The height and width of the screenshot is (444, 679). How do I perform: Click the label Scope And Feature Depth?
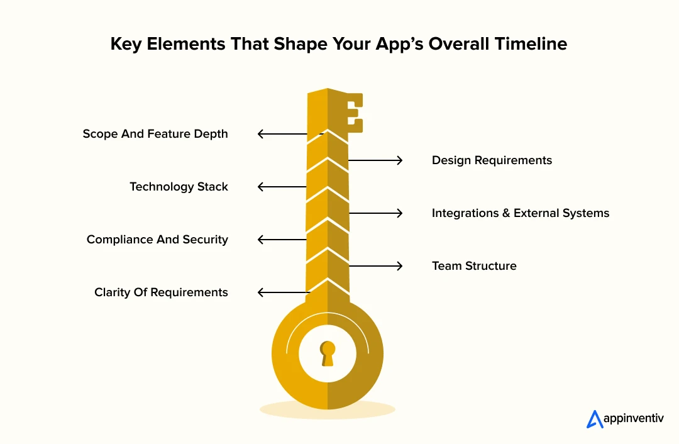click(155, 134)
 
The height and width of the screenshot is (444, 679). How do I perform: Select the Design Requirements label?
click(492, 160)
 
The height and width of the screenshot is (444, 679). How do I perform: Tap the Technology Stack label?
click(179, 187)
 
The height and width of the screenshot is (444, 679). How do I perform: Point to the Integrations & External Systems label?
click(521, 213)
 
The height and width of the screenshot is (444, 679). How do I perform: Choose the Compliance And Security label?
click(157, 240)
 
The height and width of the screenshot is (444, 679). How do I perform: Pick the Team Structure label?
click(474, 266)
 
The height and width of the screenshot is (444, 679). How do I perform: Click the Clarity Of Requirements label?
click(161, 292)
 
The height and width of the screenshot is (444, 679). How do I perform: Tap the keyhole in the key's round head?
click(328, 353)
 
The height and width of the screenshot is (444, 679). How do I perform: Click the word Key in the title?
click(126, 44)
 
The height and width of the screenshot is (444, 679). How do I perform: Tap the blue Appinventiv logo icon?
click(594, 419)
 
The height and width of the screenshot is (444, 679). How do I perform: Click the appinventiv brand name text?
click(633, 419)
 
